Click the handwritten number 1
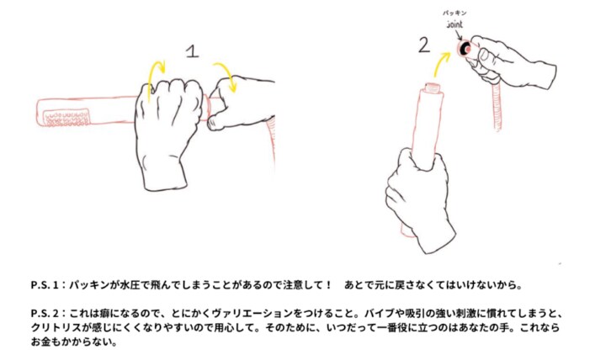192,51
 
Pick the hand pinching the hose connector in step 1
240,101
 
